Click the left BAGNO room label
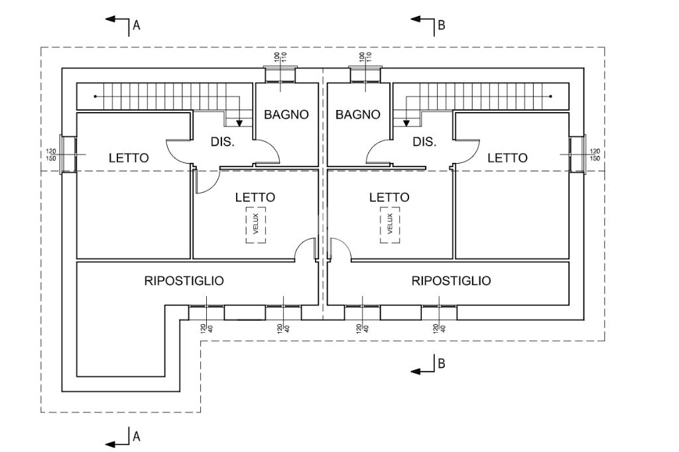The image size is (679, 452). tap(286, 114)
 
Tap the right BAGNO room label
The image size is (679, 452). tap(358, 114)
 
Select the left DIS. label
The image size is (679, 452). tap(222, 142)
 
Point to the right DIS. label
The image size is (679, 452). tap(424, 142)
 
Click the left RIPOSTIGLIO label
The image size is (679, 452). tap(184, 280)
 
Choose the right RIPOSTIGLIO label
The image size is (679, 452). tap(452, 280)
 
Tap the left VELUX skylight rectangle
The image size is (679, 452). tap(255, 225)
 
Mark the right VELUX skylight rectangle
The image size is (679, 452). tap(390, 225)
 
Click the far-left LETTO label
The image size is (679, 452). tap(129, 158)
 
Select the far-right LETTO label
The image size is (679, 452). tap(508, 158)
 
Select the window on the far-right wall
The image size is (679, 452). tap(576, 154)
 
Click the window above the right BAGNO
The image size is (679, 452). tap(366, 74)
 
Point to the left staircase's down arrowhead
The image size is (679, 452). tap(239, 123)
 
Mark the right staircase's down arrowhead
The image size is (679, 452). tap(405, 123)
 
